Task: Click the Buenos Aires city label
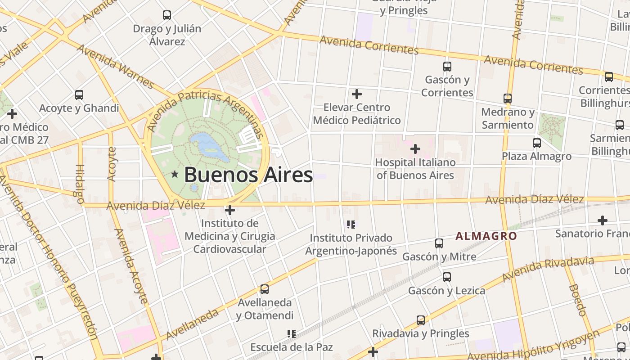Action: [248, 175]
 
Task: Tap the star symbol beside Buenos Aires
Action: [175, 174]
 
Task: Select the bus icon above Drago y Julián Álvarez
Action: [167, 15]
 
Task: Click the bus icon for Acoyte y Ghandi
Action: [79, 95]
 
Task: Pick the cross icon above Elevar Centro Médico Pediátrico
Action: [357, 94]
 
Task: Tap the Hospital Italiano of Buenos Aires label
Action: [415, 169]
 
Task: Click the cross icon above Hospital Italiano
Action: [415, 148]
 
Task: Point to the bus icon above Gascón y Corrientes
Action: [447, 67]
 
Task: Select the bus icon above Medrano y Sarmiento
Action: [508, 99]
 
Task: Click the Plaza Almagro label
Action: [537, 156]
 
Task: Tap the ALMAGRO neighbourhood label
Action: [486, 236]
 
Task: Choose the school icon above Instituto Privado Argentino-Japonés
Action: [351, 224]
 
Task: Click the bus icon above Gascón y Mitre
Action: [439, 243]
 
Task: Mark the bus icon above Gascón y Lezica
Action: [446, 277]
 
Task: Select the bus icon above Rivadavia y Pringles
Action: [421, 320]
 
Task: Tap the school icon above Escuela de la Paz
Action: [292, 334]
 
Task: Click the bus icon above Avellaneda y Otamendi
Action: [265, 289]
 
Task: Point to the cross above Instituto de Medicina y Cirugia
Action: [230, 210]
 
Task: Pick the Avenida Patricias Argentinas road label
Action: [207, 112]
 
